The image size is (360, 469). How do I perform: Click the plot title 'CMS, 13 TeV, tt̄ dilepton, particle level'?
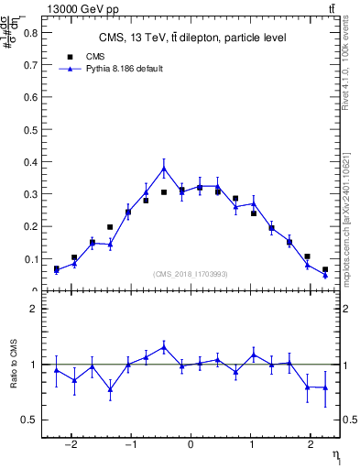click(192, 38)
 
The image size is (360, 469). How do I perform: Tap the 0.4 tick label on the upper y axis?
click(32, 162)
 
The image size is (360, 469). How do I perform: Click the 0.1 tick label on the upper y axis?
click(32, 259)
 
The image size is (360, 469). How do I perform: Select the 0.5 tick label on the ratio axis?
click(32, 420)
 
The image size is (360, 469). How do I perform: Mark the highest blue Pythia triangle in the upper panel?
click(164, 169)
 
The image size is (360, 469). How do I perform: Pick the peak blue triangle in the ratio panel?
click(164, 347)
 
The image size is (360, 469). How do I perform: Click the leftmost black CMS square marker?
click(56, 268)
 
